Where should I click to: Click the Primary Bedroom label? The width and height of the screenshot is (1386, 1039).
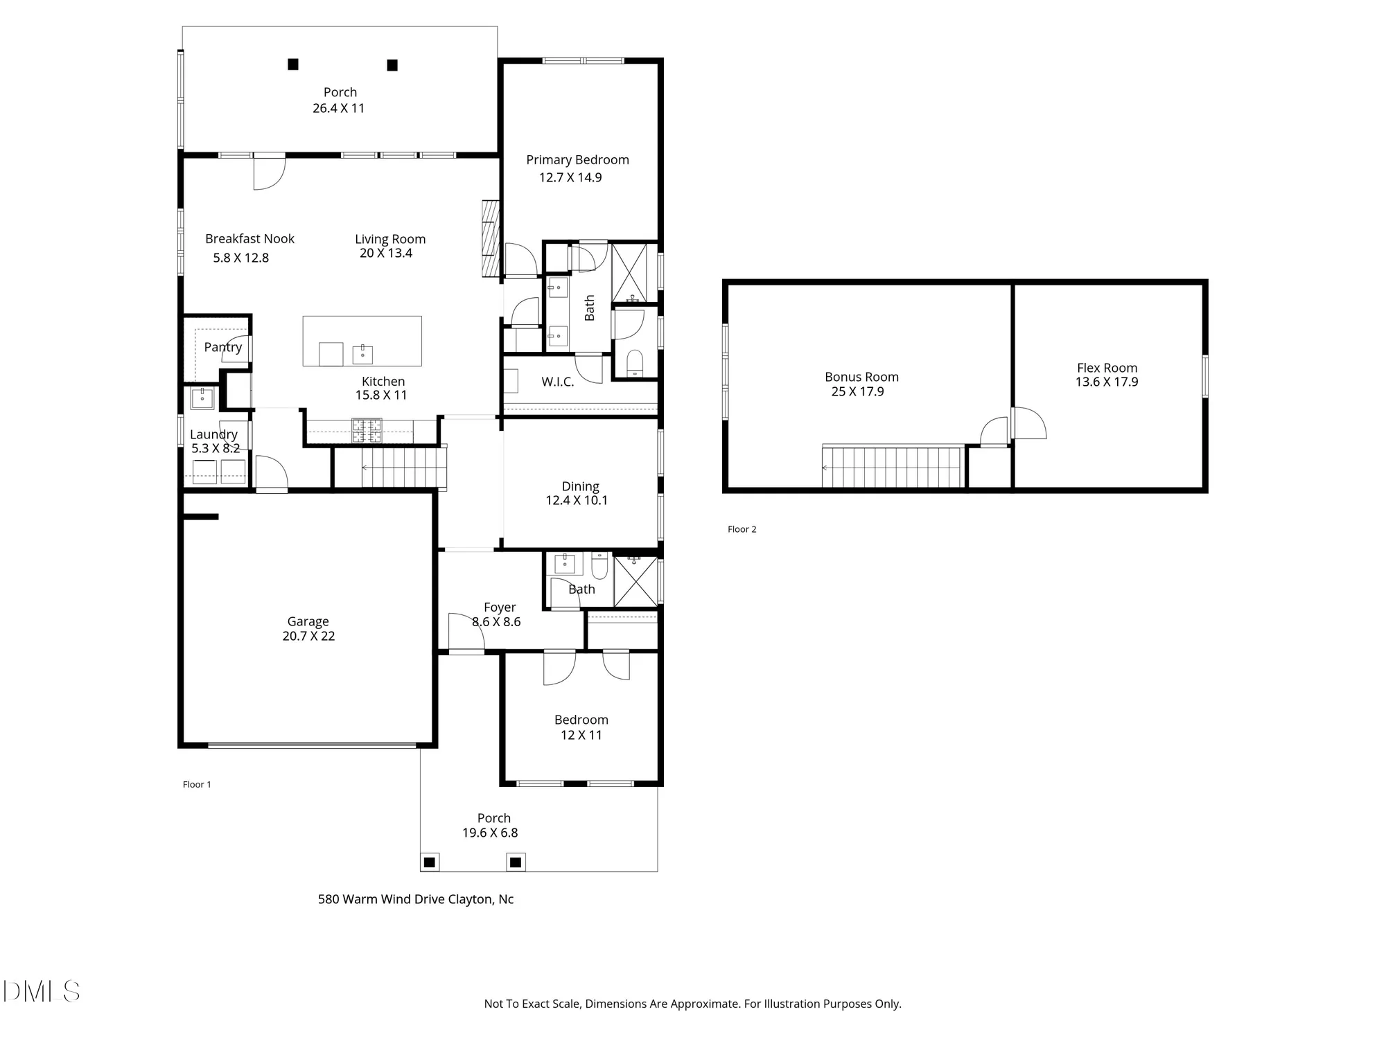point(577,160)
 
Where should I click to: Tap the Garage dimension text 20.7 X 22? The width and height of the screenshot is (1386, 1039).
point(308,637)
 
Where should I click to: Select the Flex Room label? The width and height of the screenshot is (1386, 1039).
point(1107,368)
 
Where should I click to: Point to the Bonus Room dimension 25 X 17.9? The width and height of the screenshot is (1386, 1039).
point(857,392)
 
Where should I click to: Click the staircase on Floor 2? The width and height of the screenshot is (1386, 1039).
point(893,468)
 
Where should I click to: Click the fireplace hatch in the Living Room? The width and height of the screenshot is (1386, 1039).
point(491,239)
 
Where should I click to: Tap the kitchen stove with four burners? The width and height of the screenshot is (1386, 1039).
point(367,430)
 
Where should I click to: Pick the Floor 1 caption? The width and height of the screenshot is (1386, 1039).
point(197,784)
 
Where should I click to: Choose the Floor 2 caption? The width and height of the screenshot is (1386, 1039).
point(742,529)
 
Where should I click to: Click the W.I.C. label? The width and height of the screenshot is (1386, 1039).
point(557,382)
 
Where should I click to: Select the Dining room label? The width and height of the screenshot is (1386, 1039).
point(580,486)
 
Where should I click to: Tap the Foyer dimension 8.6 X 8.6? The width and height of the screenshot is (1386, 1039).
point(496,622)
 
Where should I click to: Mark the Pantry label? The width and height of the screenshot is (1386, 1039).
point(222,347)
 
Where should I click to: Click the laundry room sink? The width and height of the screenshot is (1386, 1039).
point(202,398)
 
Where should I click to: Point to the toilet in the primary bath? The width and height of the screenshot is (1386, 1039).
point(634,364)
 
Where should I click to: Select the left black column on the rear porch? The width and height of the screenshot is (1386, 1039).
point(293,64)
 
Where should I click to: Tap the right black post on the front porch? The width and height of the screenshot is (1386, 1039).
point(515,862)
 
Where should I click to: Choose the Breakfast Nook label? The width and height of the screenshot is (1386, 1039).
point(249,239)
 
